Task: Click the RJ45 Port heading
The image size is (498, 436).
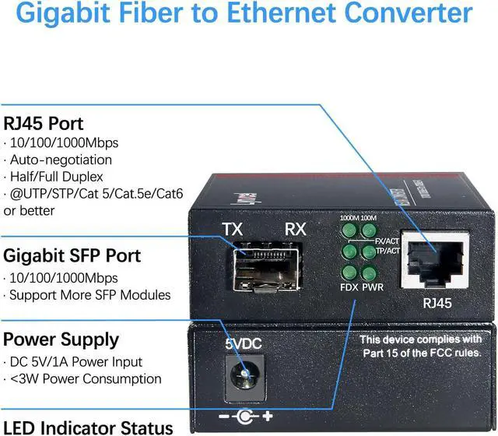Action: click(44, 123)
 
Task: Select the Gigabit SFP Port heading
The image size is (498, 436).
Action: click(72, 255)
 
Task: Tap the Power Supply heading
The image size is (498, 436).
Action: click(61, 339)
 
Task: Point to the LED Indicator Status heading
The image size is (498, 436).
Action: click(88, 427)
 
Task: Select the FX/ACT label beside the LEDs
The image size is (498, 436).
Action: click(387, 241)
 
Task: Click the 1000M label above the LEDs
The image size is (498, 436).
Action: click(347, 218)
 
